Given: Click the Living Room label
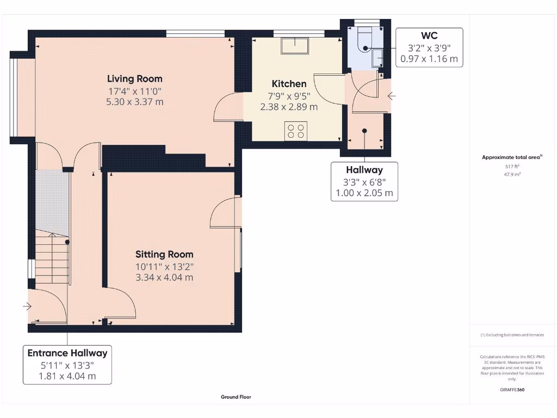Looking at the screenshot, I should click(x=134, y=79).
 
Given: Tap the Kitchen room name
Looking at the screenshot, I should click(x=289, y=84).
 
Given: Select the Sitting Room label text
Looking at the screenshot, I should click(x=164, y=254).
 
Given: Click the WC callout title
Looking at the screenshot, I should click(x=429, y=36).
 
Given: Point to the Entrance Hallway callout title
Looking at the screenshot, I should click(x=67, y=353).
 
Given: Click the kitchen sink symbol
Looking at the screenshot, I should click(x=294, y=45).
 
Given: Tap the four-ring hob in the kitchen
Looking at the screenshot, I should click(x=296, y=131).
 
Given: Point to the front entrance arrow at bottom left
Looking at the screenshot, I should click(x=27, y=307).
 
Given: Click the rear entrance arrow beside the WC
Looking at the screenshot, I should click(x=392, y=97).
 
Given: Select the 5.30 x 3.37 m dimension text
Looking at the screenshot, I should click(x=135, y=102).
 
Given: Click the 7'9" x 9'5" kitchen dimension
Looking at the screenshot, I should click(x=289, y=96).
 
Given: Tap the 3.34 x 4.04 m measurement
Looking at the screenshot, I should click(x=164, y=278).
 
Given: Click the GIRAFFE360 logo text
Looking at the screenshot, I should click(x=512, y=390).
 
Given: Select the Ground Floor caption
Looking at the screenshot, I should click(x=236, y=397).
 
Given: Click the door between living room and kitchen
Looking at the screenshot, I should click(x=225, y=107).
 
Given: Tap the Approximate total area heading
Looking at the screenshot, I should click(x=511, y=157).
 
